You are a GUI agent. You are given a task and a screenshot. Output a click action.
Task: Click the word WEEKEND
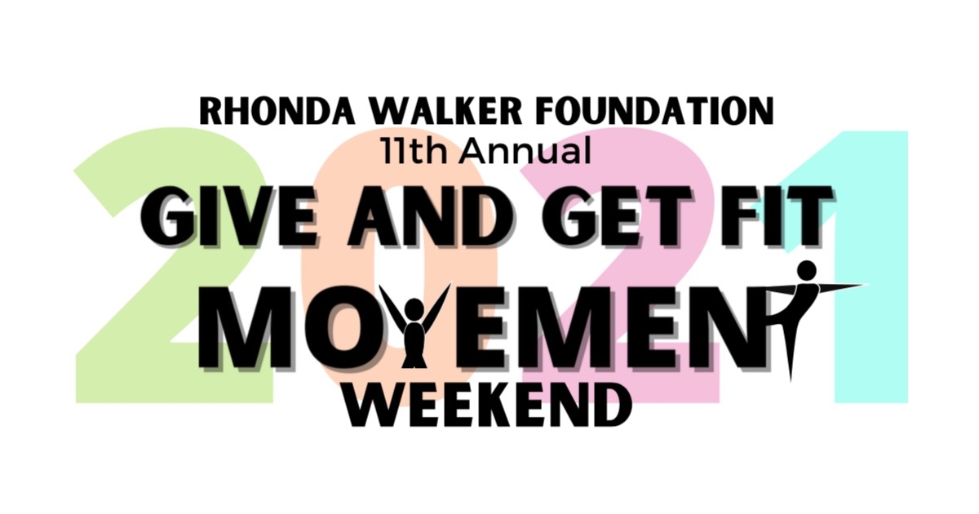point(489,403)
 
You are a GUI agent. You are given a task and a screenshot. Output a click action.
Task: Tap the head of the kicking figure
point(806,270)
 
